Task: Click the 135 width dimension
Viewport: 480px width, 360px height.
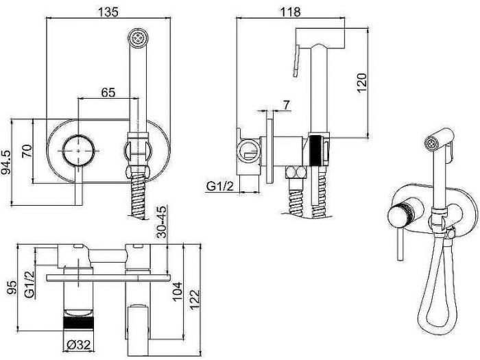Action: point(108,12)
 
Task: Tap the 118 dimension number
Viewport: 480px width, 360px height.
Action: point(291,12)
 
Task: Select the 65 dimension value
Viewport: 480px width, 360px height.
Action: point(108,92)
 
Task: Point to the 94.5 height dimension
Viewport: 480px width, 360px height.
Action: point(6,163)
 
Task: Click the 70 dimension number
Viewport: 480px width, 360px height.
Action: point(27,151)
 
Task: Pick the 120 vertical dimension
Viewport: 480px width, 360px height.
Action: point(361,83)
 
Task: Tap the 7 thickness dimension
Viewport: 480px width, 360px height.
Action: point(286,105)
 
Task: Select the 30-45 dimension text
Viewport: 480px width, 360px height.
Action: point(161,222)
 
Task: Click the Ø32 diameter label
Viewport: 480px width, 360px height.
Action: point(79,346)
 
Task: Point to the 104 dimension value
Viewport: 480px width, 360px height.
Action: point(178,291)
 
